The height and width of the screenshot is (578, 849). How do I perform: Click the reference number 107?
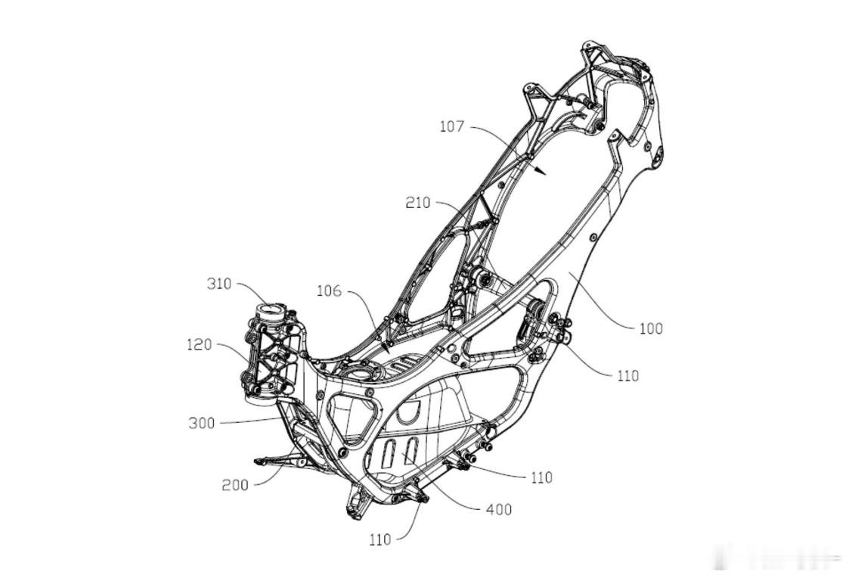click(x=451, y=126)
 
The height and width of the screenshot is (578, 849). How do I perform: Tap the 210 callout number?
click(x=417, y=203)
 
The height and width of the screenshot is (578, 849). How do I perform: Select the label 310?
click(x=219, y=284)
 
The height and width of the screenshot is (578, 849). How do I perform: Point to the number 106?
click(x=328, y=291)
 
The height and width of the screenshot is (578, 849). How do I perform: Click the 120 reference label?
click(x=200, y=344)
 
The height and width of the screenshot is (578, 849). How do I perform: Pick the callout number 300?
click(x=201, y=423)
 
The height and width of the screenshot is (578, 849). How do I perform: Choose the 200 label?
click(x=234, y=485)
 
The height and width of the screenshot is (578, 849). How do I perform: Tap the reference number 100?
click(x=650, y=328)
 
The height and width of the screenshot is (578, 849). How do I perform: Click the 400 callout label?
click(x=499, y=510)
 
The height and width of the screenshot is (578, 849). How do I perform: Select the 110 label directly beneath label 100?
click(x=627, y=375)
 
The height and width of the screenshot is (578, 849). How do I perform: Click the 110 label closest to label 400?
click(x=541, y=477)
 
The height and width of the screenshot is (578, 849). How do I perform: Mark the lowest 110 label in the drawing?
click(x=380, y=539)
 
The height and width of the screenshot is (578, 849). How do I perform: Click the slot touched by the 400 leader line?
click(x=411, y=455)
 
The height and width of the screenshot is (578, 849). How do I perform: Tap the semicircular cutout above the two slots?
click(x=408, y=411)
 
